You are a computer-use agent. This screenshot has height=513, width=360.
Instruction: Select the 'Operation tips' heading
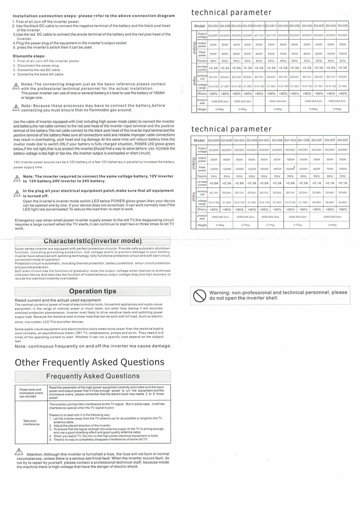tap(93, 291)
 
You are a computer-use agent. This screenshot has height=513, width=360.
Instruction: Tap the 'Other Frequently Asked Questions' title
tap(90, 362)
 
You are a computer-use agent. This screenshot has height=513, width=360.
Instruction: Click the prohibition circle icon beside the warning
tap(199, 296)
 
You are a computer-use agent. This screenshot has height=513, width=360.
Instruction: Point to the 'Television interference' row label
tap(31, 422)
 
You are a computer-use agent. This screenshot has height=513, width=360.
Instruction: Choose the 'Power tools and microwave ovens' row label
tap(31, 393)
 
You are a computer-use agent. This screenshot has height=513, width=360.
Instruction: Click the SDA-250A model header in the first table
tap(213, 25)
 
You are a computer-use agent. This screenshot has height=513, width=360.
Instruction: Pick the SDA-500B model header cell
tap(343, 25)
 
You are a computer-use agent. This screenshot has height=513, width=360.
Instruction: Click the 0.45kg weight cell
tap(219, 109)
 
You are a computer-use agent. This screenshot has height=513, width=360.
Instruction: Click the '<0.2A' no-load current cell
tap(225, 68)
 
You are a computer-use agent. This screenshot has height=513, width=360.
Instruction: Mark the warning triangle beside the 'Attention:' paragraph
tap(20, 451)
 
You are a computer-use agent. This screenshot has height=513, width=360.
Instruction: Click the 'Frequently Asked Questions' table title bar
tap(93, 376)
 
